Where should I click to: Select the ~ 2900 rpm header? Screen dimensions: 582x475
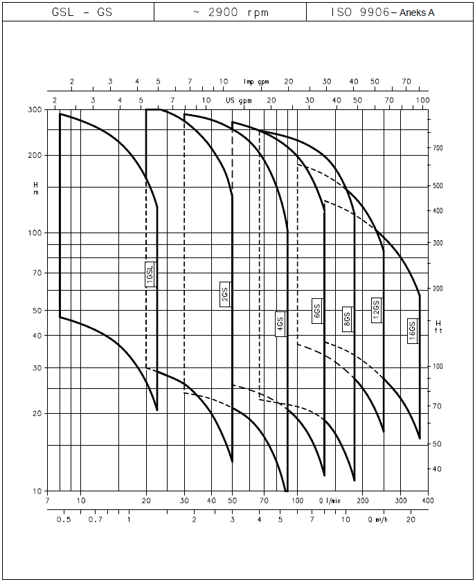[231, 12]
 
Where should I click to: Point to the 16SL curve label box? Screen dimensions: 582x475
[150, 275]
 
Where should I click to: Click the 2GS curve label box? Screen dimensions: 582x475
[225, 296]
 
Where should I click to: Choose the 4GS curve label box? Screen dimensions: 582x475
[280, 325]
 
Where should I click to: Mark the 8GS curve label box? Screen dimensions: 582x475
[348, 319]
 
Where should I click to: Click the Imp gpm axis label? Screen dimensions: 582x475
[256, 82]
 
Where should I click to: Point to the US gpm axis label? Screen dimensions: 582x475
[239, 101]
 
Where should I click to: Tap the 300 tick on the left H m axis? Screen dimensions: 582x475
[35, 110]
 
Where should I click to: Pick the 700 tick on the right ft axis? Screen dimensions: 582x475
[437, 148]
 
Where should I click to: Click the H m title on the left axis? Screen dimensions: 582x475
[36, 188]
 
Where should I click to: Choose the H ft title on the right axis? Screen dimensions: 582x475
[438, 327]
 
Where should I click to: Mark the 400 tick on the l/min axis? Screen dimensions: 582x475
[428, 500]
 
